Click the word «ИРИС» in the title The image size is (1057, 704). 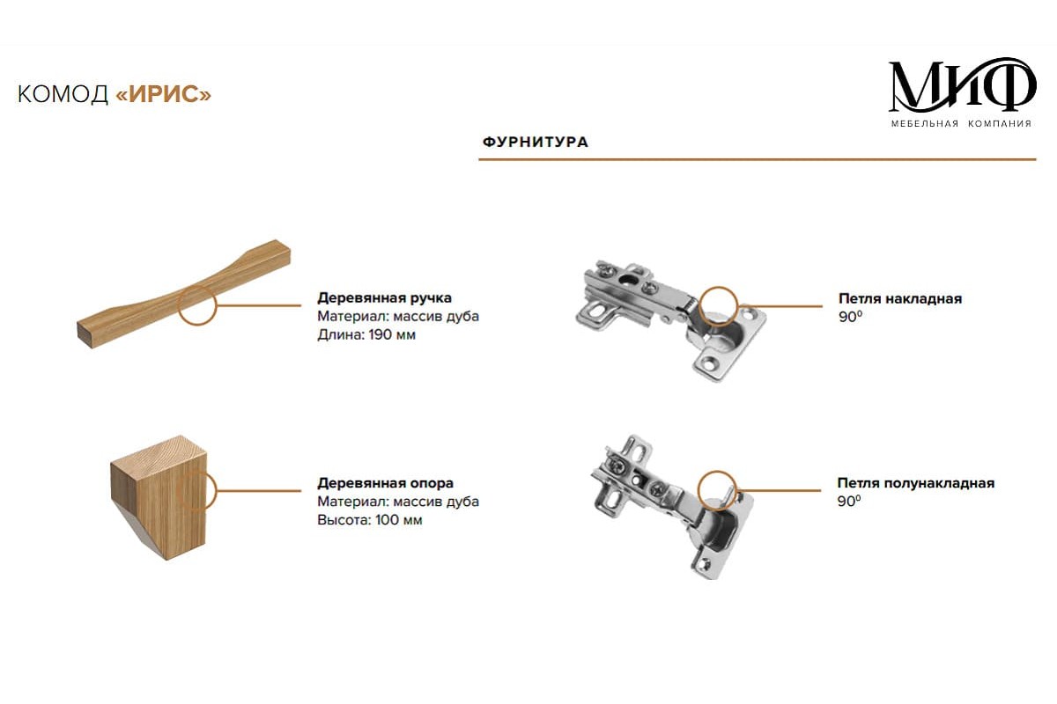[x=163, y=94]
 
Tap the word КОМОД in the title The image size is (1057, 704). [x=63, y=94]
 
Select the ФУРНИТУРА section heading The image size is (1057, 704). [x=536, y=142]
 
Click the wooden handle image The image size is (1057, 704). [x=184, y=293]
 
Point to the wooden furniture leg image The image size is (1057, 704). [x=159, y=497]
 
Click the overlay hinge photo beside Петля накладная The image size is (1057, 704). [x=670, y=320]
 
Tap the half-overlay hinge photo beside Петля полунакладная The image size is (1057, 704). [x=672, y=508]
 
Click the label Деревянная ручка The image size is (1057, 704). [x=384, y=298]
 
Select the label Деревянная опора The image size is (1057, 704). [x=385, y=483]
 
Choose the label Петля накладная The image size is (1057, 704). [x=900, y=298]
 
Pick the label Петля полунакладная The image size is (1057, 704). [x=916, y=483]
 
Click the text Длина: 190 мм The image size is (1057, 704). [x=366, y=334]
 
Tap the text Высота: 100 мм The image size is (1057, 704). [x=369, y=520]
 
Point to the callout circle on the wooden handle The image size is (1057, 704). [x=197, y=305]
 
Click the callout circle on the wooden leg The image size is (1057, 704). [x=197, y=491]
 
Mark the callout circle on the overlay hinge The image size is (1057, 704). [x=718, y=305]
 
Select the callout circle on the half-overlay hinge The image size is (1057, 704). [x=717, y=490]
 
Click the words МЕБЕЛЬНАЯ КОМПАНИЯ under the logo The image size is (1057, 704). [x=961, y=123]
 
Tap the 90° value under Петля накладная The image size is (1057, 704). [x=850, y=317]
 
